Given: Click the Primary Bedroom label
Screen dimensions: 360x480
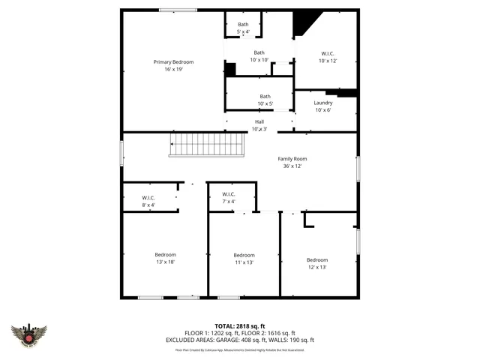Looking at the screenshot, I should (173, 61).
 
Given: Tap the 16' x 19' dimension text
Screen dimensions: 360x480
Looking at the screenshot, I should (173, 69).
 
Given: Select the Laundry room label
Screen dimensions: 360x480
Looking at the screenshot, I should (323, 103).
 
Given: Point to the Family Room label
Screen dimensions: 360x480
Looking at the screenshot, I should (292, 159).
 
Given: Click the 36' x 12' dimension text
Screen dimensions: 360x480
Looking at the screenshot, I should (292, 166).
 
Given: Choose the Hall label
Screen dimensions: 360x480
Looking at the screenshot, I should (259, 121).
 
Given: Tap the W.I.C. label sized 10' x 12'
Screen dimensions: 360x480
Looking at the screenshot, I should (328, 53).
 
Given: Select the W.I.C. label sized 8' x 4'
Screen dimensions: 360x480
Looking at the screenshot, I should (148, 197).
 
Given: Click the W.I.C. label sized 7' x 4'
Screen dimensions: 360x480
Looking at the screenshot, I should (229, 194).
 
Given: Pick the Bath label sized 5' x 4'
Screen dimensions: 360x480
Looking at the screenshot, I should (243, 25).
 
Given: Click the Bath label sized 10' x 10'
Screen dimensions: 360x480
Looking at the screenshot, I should (259, 52).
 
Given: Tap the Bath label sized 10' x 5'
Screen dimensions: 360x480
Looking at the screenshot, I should (265, 96).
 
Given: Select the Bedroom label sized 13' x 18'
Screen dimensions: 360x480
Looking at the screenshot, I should (166, 255).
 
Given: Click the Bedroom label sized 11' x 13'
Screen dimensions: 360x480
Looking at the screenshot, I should (244, 256).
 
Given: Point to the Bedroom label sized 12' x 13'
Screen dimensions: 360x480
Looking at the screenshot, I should (317, 259).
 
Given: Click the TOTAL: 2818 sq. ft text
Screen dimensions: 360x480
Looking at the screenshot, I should (240, 326).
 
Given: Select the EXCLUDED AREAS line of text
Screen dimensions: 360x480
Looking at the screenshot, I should (240, 340).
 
